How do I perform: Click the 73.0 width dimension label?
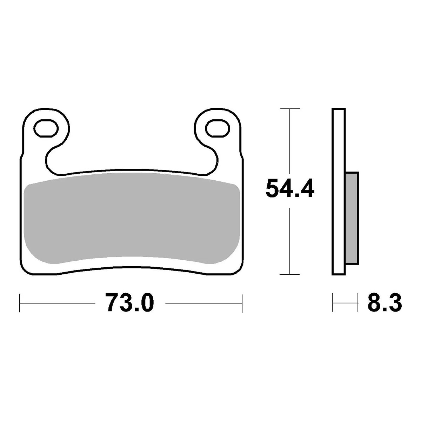coord(129,303)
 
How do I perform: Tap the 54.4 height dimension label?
coord(290,188)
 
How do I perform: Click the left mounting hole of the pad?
coord(46,128)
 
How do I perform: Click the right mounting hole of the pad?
coord(218,128)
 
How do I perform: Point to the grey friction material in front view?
coord(132,218)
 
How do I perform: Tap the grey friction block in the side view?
coord(352,218)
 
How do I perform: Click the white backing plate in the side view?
coord(339,192)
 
